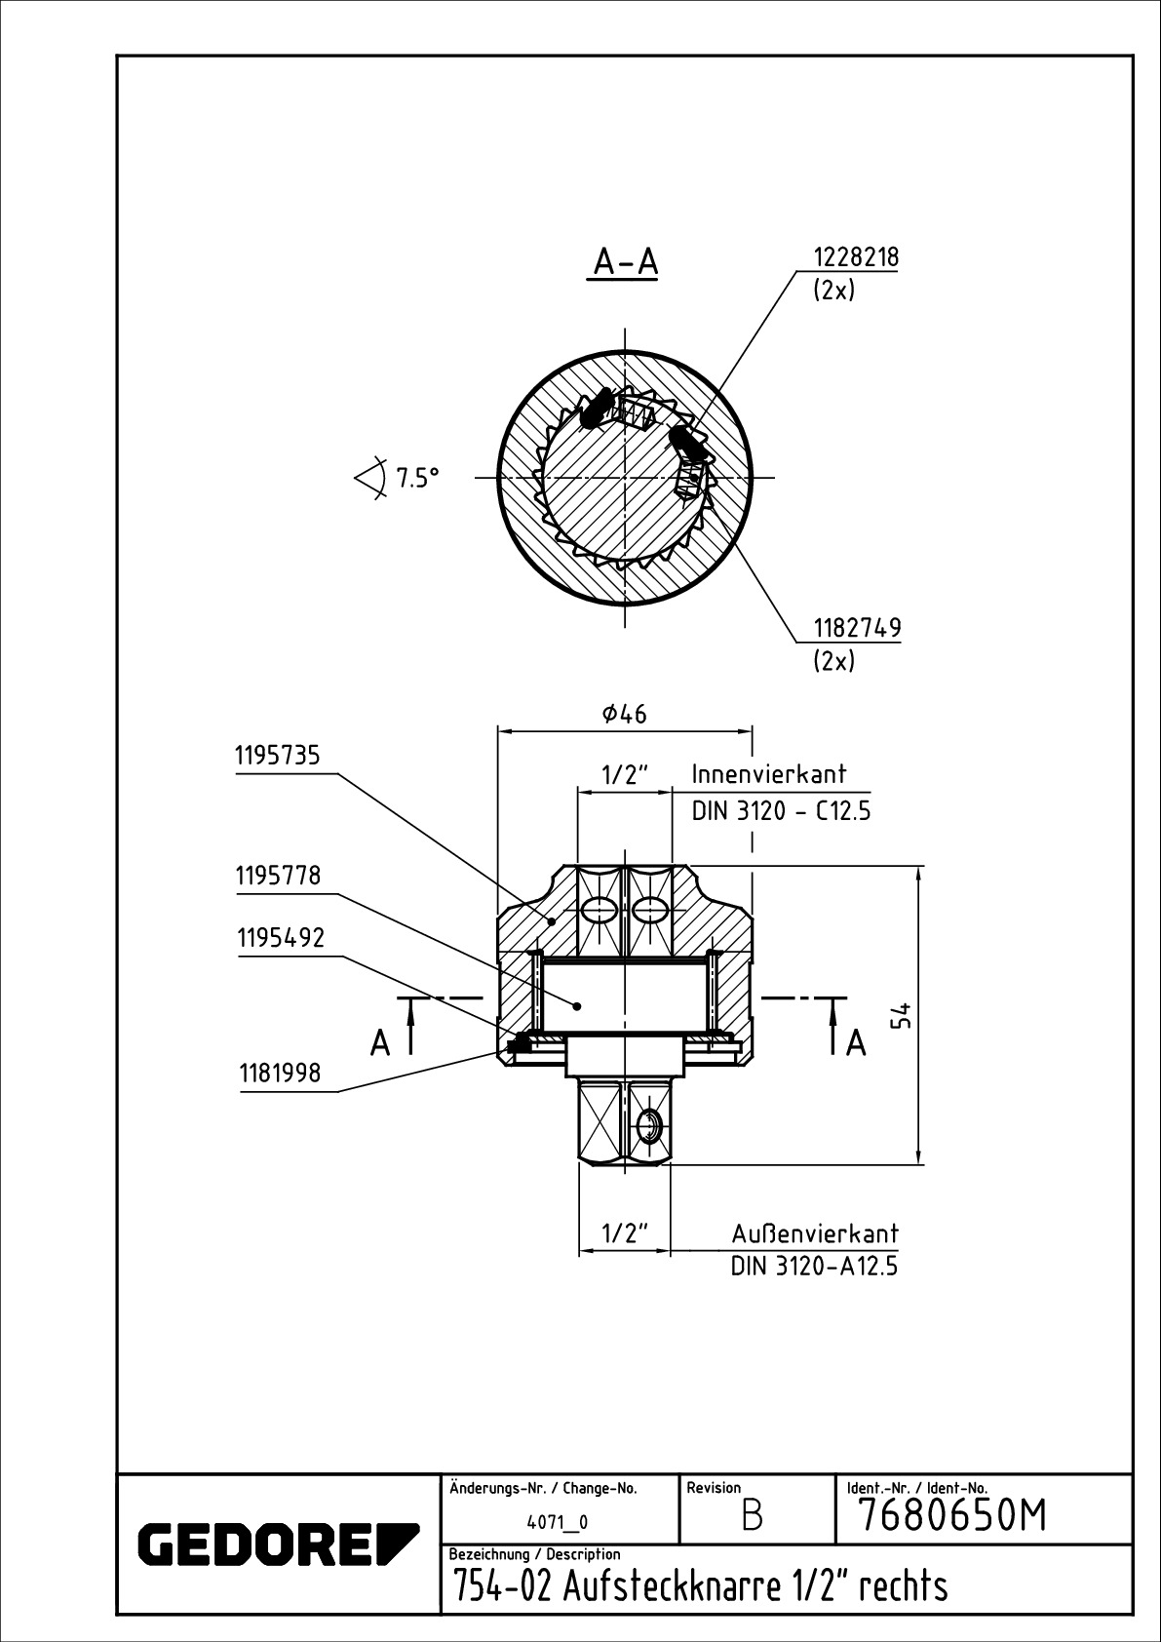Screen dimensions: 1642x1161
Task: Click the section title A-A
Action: (626, 262)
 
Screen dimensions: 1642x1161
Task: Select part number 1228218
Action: (856, 257)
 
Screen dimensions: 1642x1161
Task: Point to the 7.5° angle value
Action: (417, 478)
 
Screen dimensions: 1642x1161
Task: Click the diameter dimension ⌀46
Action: (625, 714)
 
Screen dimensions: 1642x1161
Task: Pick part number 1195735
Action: (278, 756)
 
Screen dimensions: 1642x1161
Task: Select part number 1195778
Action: (278, 876)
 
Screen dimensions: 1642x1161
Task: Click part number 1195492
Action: (281, 938)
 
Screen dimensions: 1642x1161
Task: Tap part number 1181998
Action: (281, 1074)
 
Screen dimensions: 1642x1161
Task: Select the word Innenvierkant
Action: (769, 774)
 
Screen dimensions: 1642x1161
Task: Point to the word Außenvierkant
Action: (815, 1233)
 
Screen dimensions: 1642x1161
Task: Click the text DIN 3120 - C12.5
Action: (780, 810)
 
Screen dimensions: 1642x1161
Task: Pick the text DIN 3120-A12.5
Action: (814, 1267)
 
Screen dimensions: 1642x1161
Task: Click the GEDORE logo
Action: (278, 1544)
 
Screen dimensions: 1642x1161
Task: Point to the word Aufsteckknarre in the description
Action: (671, 1587)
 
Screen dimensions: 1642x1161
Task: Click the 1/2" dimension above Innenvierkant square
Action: (625, 775)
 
